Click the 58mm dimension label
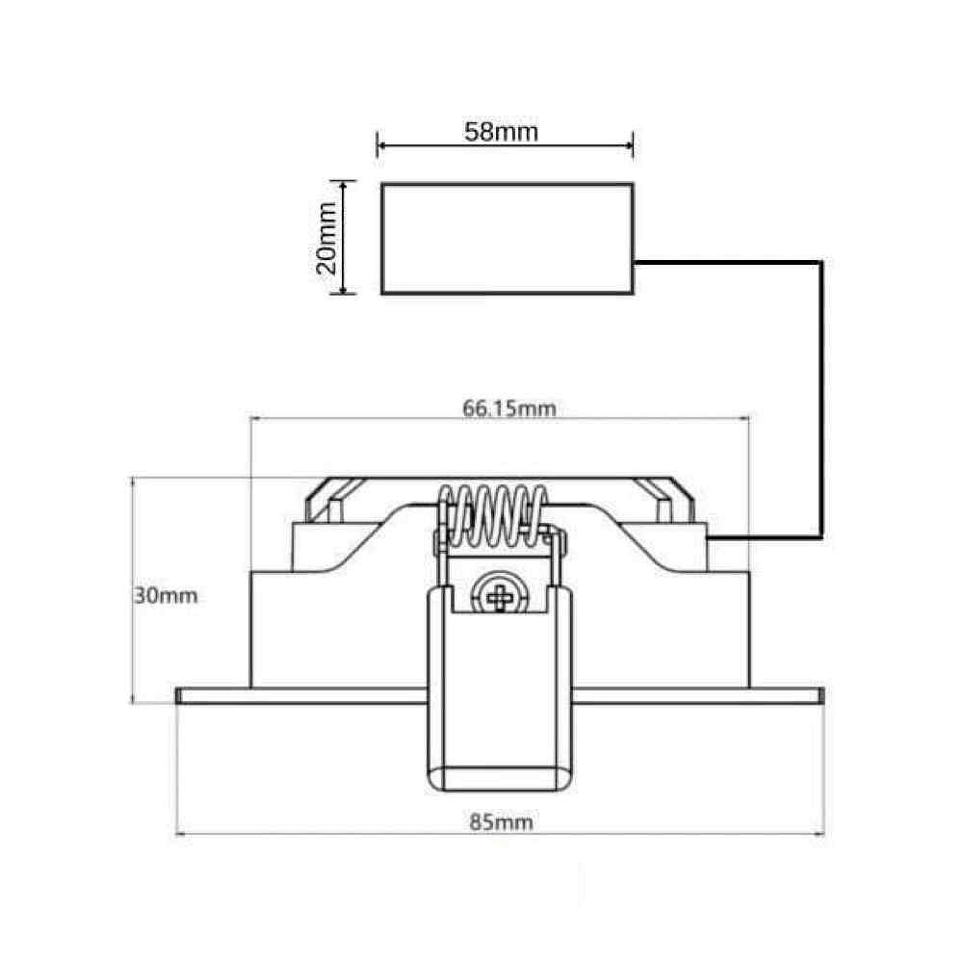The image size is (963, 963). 501,131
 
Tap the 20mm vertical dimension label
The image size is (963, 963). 326,238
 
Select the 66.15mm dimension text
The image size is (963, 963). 509,408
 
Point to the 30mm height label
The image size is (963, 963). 166,595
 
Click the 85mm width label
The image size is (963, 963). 501,821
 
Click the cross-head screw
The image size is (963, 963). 501,595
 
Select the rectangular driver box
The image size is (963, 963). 508,238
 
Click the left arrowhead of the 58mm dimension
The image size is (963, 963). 382,145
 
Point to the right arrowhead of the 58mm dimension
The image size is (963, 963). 628,145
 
